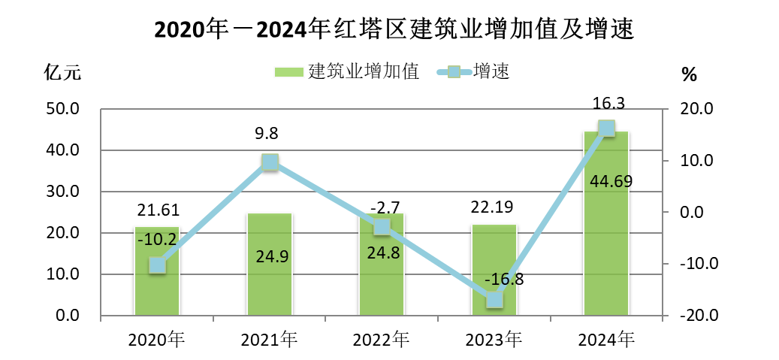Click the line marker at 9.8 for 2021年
(270, 162)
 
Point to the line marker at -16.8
(494, 300)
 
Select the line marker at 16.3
(606, 129)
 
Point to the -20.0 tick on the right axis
(696, 316)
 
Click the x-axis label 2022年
(382, 340)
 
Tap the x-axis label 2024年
(606, 340)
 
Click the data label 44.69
(607, 181)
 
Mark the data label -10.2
(157, 239)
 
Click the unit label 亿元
(61, 73)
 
